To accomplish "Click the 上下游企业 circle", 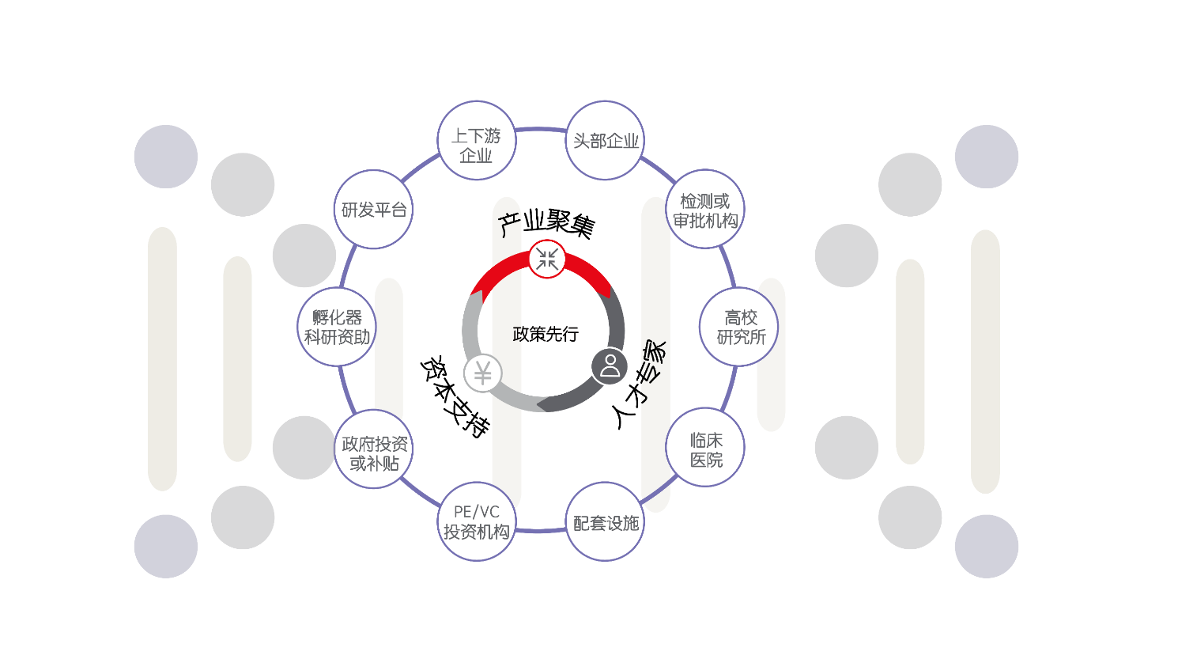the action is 476,141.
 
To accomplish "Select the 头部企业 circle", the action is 605,141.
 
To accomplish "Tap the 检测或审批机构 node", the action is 705,210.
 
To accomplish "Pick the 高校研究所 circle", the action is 739,327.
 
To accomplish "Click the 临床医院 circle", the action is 705,448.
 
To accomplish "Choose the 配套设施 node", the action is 605,522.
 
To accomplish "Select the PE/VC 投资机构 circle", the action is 476,522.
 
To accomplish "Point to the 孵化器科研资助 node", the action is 337,327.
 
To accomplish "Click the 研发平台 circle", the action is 373,210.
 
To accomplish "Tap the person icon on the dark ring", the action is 610,366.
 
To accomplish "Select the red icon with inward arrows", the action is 547,259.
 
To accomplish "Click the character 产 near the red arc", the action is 509,225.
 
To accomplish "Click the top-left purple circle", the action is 165,157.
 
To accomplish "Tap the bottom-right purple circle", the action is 986,546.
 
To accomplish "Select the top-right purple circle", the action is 986,157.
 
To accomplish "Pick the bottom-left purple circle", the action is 165,546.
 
